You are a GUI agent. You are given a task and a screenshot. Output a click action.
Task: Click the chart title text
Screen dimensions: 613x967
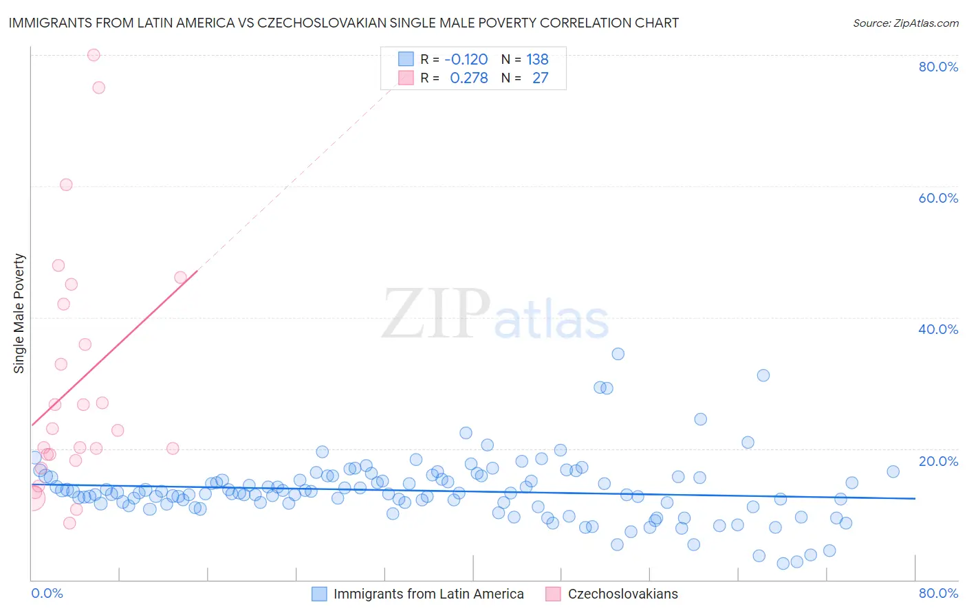343,23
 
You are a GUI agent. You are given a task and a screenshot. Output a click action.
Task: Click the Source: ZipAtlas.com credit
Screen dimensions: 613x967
905,23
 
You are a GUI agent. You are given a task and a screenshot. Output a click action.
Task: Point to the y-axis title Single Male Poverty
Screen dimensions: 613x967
19,313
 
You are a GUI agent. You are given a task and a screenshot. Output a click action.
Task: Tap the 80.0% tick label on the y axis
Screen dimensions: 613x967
938,67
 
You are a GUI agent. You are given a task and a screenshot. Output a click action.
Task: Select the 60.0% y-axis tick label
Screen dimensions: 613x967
938,198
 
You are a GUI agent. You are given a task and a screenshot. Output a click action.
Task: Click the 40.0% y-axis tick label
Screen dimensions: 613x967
938,329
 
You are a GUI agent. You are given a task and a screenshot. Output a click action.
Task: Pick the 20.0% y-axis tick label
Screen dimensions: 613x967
938,461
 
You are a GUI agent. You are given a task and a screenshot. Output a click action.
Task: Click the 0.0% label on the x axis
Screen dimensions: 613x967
47,593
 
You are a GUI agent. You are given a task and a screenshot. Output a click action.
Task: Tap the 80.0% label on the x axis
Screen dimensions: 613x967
938,593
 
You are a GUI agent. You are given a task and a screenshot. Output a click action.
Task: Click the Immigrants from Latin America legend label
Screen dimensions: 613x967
428,594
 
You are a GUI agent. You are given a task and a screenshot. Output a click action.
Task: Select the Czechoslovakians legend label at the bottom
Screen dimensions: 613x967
622,594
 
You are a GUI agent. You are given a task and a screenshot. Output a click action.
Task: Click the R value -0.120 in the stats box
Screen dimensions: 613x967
466,60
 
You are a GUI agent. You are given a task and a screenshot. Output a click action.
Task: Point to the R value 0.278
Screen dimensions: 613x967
468,78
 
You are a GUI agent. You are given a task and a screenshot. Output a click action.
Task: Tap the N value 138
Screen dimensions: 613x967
537,60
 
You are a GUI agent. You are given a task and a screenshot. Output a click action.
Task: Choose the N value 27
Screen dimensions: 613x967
540,78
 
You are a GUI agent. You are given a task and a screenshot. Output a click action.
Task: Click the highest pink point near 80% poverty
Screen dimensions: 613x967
94,55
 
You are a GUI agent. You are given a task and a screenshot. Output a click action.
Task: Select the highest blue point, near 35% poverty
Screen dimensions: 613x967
618,354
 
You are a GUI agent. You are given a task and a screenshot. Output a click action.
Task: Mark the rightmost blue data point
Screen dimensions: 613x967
893,471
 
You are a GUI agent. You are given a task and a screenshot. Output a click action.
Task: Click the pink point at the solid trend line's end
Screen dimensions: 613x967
180,278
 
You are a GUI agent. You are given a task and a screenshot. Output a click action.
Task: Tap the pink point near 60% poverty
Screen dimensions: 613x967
66,184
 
